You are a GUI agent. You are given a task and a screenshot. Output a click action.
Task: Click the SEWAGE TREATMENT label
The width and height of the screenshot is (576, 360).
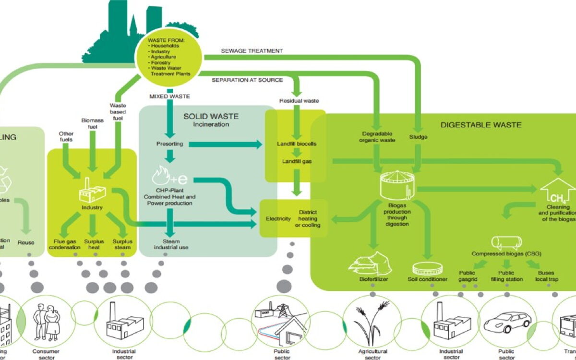pos(252,51)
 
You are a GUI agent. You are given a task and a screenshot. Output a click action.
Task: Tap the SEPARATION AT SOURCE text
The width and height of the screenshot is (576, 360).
pos(247,80)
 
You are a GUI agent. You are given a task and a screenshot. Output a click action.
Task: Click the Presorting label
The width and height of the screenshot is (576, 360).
pos(168,144)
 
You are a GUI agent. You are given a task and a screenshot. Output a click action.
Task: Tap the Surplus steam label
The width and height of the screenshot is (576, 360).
pos(122,244)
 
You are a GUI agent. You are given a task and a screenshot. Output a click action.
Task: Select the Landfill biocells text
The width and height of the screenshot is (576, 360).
pos(297,144)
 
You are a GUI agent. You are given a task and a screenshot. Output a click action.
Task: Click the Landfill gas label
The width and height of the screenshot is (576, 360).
pos(297,161)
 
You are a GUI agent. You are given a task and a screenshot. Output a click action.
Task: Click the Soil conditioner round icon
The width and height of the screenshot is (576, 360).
pos(428,268)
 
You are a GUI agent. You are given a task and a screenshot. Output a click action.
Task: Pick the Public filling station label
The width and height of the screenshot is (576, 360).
pos(507,276)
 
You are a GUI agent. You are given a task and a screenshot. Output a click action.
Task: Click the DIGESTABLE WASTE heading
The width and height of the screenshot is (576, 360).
pos(481,125)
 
